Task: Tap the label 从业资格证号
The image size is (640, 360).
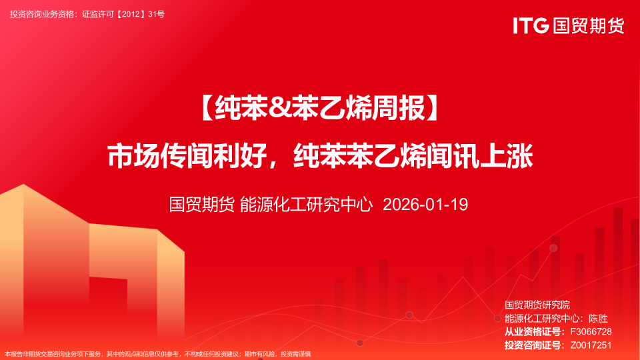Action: click(532, 331)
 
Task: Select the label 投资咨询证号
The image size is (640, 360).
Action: click(532, 345)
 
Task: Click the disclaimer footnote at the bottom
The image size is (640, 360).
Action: click(157, 354)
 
